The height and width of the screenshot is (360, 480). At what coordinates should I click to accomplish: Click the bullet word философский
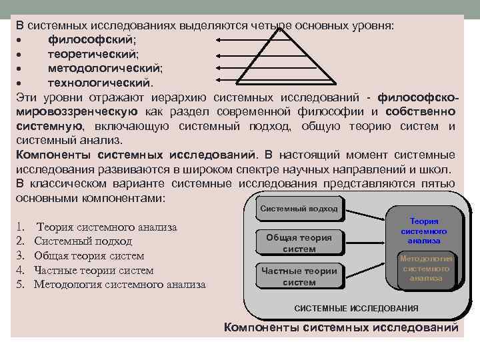(92, 39)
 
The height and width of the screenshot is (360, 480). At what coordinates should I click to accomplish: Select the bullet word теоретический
(93, 54)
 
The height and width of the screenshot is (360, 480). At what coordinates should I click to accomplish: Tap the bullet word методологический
(105, 69)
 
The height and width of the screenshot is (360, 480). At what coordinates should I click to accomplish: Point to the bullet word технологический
(99, 83)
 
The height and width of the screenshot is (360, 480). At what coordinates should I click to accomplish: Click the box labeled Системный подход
(299, 209)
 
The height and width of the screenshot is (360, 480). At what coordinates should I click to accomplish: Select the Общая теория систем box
(299, 243)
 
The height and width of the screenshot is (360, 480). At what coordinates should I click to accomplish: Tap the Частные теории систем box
(299, 276)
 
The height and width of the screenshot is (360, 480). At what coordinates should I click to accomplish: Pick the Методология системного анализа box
(426, 268)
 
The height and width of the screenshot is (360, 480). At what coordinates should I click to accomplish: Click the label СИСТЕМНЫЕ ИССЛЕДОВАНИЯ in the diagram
(356, 308)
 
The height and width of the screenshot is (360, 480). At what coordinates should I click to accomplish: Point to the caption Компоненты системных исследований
(341, 327)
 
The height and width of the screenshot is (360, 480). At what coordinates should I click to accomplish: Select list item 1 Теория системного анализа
(107, 227)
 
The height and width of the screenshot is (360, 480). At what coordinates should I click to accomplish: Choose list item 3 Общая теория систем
(89, 256)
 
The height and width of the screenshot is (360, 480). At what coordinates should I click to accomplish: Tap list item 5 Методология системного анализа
(119, 285)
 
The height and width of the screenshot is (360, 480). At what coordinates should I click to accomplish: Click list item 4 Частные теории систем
(93, 270)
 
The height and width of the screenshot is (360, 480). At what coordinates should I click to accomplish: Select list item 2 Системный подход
(83, 241)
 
